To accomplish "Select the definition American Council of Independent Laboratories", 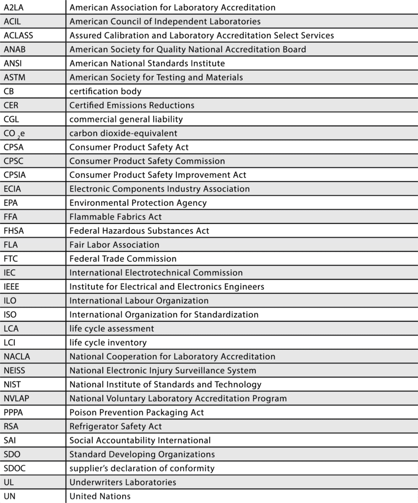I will click(165, 21).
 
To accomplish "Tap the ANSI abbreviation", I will click(13, 63).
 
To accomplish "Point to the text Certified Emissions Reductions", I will click(132, 105).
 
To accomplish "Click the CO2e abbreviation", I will click(14, 133).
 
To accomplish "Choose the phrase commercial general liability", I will click(126, 119).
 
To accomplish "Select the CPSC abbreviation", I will click(15, 161).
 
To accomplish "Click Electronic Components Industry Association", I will click(159, 189).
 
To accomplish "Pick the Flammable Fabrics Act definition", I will click(115, 217).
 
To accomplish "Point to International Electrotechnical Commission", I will click(156, 273).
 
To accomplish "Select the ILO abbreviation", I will click(10, 301).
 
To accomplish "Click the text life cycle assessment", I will click(111, 329).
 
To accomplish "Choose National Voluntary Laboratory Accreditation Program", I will click(178, 398).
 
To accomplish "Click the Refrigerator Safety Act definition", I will click(115, 426).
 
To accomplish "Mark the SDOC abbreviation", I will click(14, 468).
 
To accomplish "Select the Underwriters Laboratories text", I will click(122, 482).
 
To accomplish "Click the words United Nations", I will click(100, 496).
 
